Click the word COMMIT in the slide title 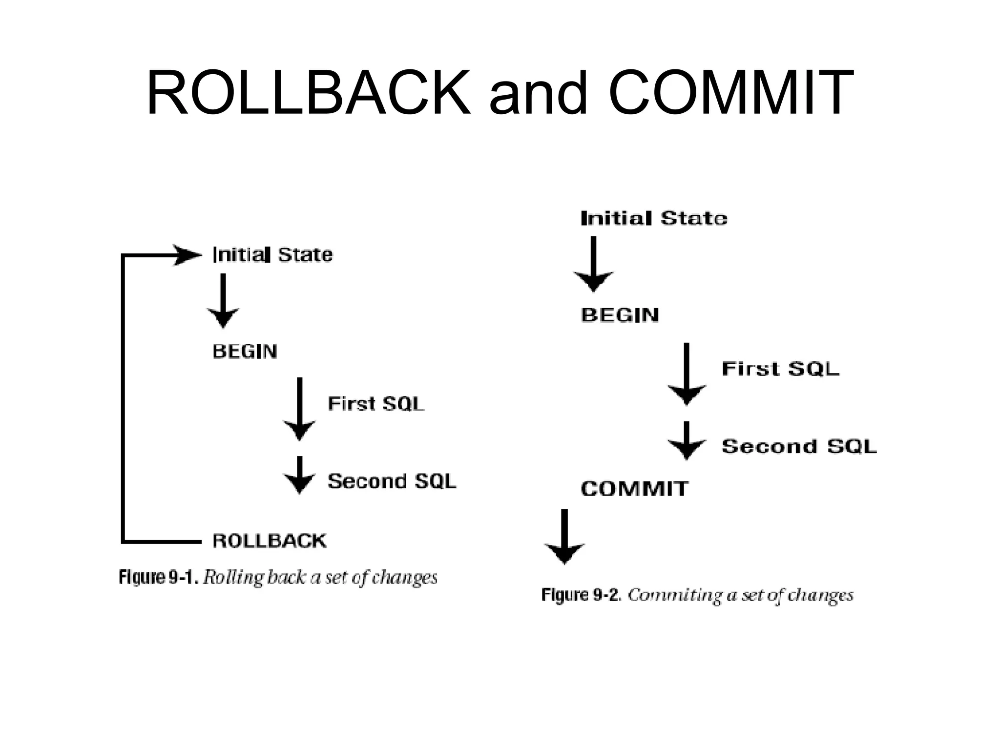[x=731, y=93]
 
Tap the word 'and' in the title [x=539, y=93]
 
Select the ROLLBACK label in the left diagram [x=270, y=541]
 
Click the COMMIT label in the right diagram [x=634, y=489]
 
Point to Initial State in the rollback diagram [x=272, y=255]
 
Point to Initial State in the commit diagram [x=654, y=218]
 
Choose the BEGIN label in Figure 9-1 [x=245, y=352]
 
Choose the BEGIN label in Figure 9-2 [x=620, y=315]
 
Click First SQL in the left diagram [x=376, y=404]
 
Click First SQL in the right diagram [x=780, y=369]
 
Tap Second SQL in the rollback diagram [x=392, y=481]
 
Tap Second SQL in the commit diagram [x=799, y=446]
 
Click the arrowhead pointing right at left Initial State [x=188, y=255]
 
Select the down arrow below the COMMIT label [x=564, y=537]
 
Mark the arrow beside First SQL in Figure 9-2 [x=687, y=374]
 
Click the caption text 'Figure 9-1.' [x=158, y=578]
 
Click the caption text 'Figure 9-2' [x=581, y=595]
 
